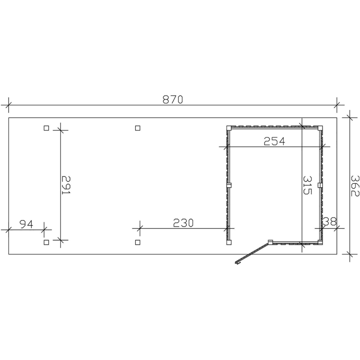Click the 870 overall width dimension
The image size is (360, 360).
click(173, 99)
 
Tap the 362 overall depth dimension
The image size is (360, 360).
click(355, 186)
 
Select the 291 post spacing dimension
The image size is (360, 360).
click(66, 185)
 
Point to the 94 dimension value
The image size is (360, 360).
click(26, 224)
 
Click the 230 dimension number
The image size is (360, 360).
click(183, 223)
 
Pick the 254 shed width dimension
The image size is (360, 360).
click(274, 141)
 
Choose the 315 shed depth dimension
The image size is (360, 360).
click(308, 185)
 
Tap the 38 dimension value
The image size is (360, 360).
click(330, 221)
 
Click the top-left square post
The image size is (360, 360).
click(46, 128)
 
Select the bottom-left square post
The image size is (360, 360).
click(46, 242)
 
